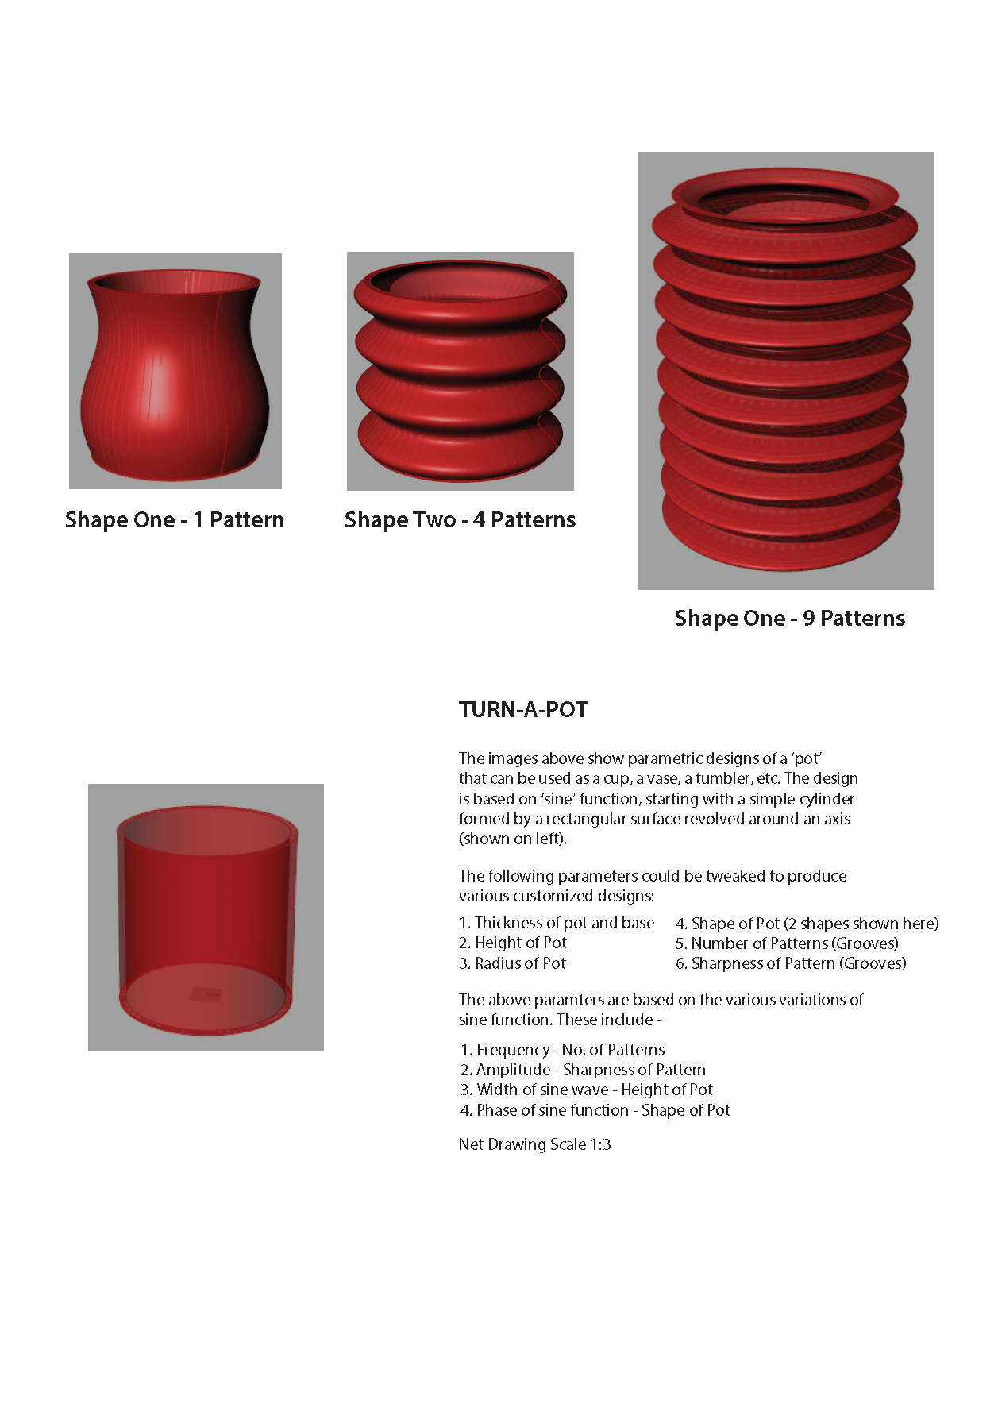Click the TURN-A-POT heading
pos(523,709)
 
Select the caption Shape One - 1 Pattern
pos(175,520)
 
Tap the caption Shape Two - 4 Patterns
pos(460,520)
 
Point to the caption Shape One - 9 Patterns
pos(789,619)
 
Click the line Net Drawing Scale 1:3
pos(534,1144)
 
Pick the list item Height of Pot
pos(513,943)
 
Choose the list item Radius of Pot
pos(513,963)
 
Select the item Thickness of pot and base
pos(557,923)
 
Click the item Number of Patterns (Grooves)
pos(787,943)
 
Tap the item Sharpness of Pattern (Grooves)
pos(791,963)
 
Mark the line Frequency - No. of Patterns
pos(562,1050)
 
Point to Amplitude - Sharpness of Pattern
pos(583,1070)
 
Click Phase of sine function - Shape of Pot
pos(595,1110)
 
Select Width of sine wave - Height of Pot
pos(586,1090)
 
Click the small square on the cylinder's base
pos(206,993)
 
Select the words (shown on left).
pos(513,839)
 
